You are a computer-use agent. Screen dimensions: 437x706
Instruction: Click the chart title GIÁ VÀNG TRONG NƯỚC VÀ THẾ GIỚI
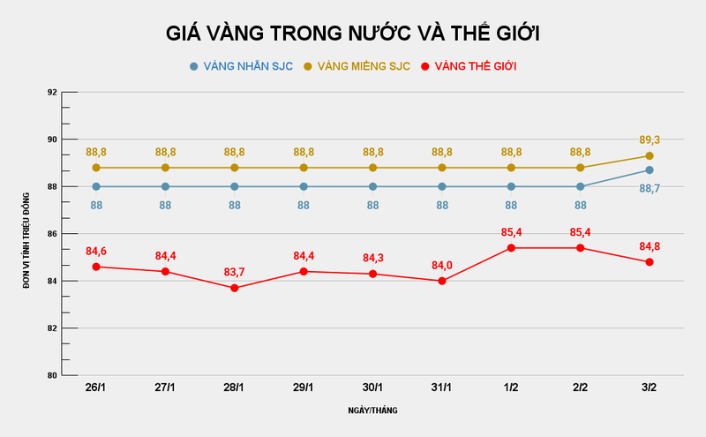(353, 34)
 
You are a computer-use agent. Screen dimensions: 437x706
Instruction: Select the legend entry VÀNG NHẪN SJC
(241, 66)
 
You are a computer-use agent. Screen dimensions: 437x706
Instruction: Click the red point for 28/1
(235, 288)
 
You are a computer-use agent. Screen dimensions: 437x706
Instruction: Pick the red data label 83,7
(235, 270)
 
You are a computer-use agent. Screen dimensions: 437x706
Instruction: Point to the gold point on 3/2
(650, 155)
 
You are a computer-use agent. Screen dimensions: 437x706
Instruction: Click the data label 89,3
(650, 139)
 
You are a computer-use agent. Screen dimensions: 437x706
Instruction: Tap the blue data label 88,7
(650, 188)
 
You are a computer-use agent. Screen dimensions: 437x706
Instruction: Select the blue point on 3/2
(650, 170)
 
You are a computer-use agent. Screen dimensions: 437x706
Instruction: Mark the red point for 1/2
(511, 248)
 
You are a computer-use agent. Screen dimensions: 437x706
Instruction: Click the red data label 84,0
(442, 264)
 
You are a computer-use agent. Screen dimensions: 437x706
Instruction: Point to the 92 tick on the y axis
(52, 93)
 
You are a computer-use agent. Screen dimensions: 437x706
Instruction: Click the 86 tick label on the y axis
(52, 234)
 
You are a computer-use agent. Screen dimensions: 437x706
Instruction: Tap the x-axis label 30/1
(372, 388)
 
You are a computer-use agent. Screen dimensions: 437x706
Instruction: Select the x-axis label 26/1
(96, 388)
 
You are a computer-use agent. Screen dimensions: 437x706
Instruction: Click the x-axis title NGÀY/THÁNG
(372, 411)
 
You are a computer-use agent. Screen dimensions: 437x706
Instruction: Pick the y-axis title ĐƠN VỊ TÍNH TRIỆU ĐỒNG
(27, 233)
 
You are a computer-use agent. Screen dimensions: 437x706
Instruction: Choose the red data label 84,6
(96, 251)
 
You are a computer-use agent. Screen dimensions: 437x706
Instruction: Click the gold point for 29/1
(304, 168)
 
